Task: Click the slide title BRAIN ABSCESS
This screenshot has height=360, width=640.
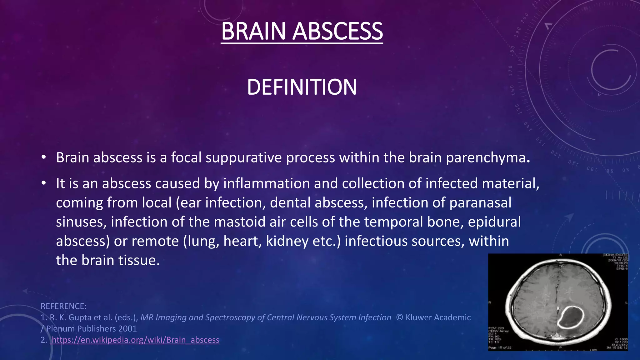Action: point(302,31)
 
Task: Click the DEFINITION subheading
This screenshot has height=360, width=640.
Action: point(302,87)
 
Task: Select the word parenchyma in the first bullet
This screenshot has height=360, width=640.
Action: point(486,158)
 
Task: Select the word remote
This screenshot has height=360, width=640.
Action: point(155,241)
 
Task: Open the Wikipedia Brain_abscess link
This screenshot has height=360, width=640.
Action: point(135,340)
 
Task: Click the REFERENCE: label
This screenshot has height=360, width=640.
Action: point(64,306)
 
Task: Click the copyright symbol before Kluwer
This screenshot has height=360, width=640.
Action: point(399,317)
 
